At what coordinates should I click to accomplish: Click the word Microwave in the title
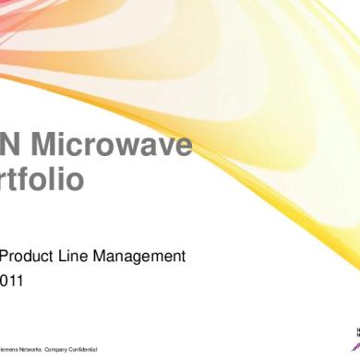[116, 145]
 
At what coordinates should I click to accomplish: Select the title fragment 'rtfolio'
[45, 179]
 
